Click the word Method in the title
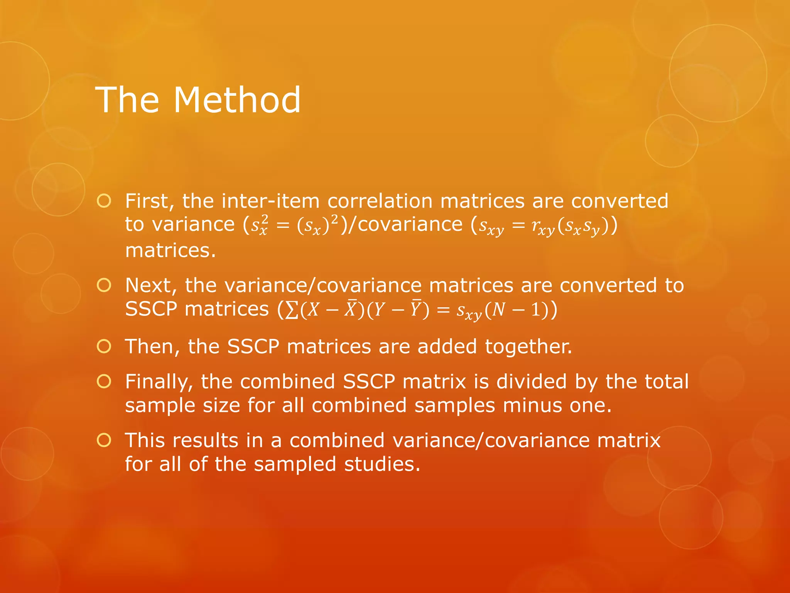[237, 100]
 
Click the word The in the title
[127, 100]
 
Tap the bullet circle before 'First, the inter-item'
[104, 201]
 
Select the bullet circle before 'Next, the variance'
[104, 285]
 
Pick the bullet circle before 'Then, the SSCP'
[104, 346]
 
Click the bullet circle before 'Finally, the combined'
[104, 381]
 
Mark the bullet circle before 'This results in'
[104, 440]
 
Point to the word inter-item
[270, 201]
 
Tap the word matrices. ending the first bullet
[170, 251]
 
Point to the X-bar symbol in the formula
[350, 309]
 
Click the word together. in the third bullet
[528, 347]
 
